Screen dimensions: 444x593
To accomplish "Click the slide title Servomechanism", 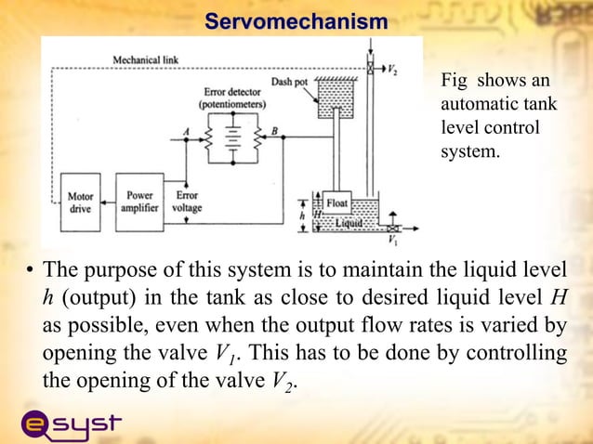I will click(x=296, y=20).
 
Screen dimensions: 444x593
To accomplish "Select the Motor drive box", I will click(x=80, y=203).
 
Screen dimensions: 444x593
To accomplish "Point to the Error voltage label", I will click(x=187, y=203).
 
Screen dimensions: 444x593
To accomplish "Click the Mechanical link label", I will click(x=146, y=59).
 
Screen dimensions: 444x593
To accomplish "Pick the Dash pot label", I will click(x=288, y=82).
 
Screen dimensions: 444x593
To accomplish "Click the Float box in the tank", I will click(x=336, y=202).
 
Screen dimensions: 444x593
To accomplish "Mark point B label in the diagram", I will click(x=274, y=131).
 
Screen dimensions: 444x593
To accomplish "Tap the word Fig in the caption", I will click(x=455, y=83).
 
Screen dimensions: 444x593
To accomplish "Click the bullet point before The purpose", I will click(x=31, y=273).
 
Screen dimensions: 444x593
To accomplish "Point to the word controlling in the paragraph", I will click(x=520, y=354).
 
